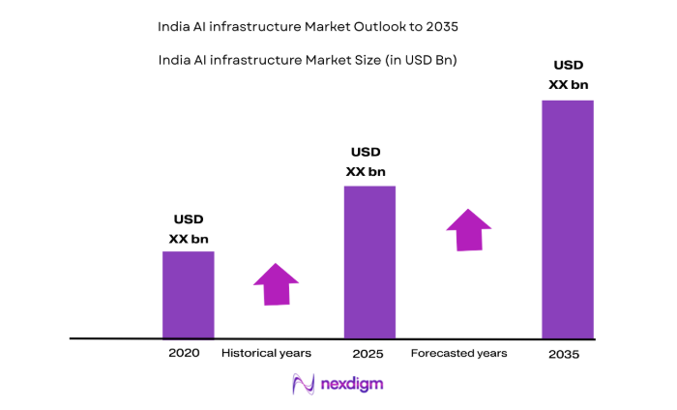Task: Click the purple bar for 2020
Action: [x=188, y=294]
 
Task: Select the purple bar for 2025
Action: [x=370, y=261]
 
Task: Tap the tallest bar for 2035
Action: [x=567, y=219]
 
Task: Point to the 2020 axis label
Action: [x=184, y=353]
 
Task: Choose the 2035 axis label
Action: [x=563, y=355]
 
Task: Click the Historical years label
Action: [x=266, y=353]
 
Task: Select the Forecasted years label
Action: [x=458, y=353]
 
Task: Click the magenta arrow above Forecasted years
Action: [x=468, y=230]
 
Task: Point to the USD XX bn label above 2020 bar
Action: [x=189, y=229]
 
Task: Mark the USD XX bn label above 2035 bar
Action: [x=568, y=75]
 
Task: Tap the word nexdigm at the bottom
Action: [x=353, y=384]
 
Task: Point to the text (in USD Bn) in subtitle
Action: [x=417, y=60]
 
